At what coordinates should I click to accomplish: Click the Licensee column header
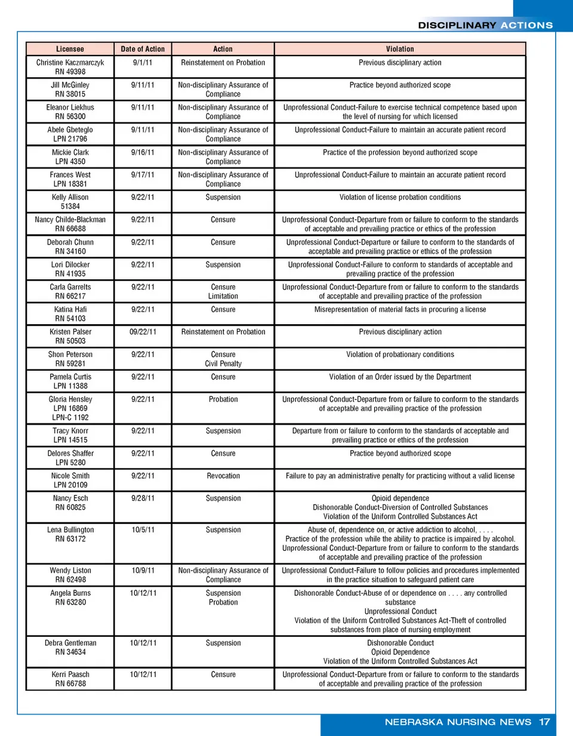pos(70,49)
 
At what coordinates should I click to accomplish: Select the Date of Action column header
pos(143,49)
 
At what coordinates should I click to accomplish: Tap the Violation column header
pos(400,49)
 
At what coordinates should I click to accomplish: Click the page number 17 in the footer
pos(544,722)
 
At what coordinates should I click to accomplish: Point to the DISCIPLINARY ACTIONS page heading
pos(485,25)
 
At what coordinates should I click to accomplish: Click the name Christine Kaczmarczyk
pos(70,63)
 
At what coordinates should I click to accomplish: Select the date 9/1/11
pos(143,63)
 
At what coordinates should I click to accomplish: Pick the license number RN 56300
pos(70,117)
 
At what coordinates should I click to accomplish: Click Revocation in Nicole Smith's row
pos(223,476)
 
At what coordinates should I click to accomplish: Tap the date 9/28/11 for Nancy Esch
pos(143,498)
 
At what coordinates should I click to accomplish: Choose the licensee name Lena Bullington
pos(70,530)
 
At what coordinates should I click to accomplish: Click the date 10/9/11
pos(143,571)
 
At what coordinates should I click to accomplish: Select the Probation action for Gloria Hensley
pos(223,399)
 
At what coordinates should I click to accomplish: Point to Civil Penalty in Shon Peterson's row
pos(223,364)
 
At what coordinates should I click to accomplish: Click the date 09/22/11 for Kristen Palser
pos(143,332)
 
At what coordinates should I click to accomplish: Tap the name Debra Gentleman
pos(70,643)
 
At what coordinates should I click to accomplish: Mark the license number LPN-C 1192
pos(70,418)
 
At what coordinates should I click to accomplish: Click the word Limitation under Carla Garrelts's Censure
pos(223,296)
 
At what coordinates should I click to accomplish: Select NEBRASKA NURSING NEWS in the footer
pos(458,722)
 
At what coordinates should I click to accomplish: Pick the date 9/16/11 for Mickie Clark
pos(143,152)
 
